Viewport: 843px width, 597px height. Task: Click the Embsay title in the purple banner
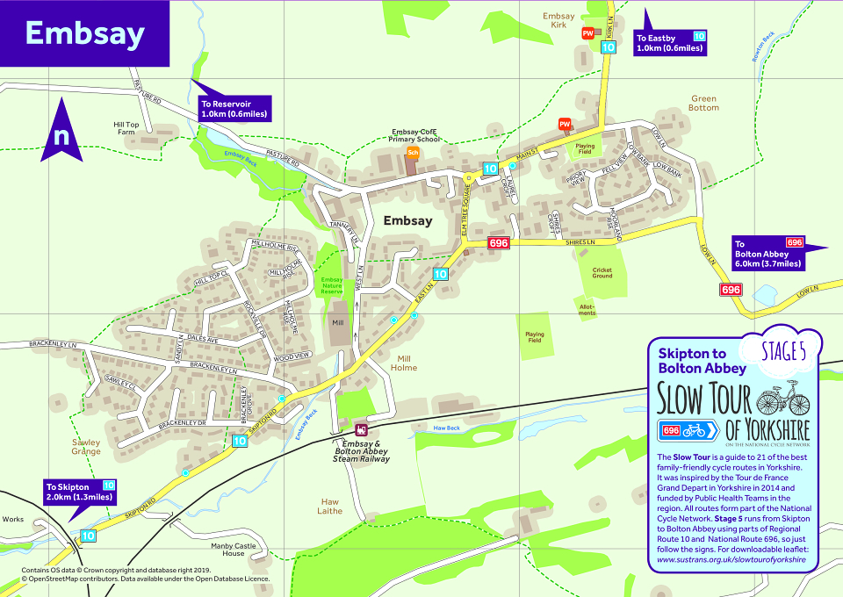pyautogui.click(x=84, y=33)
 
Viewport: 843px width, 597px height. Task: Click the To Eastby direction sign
pyautogui.click(x=669, y=43)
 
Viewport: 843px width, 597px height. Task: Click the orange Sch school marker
pyautogui.click(x=412, y=153)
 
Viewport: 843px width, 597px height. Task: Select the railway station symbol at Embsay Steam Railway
pyautogui.click(x=361, y=430)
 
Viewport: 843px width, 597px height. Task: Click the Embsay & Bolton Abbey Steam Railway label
pyautogui.click(x=361, y=450)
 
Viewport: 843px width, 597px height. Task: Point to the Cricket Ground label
pyautogui.click(x=602, y=273)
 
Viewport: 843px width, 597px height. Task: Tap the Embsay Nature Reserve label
pyautogui.click(x=331, y=285)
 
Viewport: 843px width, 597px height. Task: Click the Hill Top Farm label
pyautogui.click(x=126, y=128)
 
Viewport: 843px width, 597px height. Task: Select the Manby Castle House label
pyautogui.click(x=234, y=550)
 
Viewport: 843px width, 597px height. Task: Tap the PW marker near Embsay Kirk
pyautogui.click(x=587, y=33)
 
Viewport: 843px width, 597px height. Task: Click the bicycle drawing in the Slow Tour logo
pyautogui.click(x=782, y=399)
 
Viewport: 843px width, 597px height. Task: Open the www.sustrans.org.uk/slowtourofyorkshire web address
pyautogui.click(x=731, y=559)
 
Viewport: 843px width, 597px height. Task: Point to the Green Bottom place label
pyautogui.click(x=704, y=104)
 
